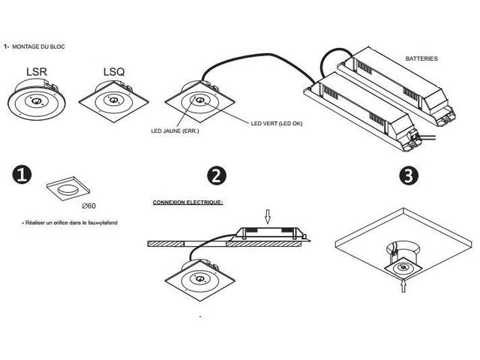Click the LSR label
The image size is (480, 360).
37,72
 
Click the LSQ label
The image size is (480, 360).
114,72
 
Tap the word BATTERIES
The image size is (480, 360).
421,58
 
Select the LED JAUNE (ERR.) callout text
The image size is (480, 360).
175,131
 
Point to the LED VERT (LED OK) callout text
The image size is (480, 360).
277,123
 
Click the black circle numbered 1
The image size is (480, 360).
22,175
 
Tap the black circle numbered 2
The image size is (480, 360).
217,175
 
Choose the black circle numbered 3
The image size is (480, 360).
409,175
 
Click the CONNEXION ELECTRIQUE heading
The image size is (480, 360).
187,202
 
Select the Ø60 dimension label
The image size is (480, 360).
89,206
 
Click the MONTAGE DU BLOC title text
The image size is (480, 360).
38,46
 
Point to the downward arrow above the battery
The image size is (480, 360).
268,217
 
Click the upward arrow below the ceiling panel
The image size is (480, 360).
403,285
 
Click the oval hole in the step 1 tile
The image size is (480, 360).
67,190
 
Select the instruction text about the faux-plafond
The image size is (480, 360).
70,223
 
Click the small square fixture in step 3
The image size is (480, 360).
403,268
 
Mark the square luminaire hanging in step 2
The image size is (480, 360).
200,280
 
